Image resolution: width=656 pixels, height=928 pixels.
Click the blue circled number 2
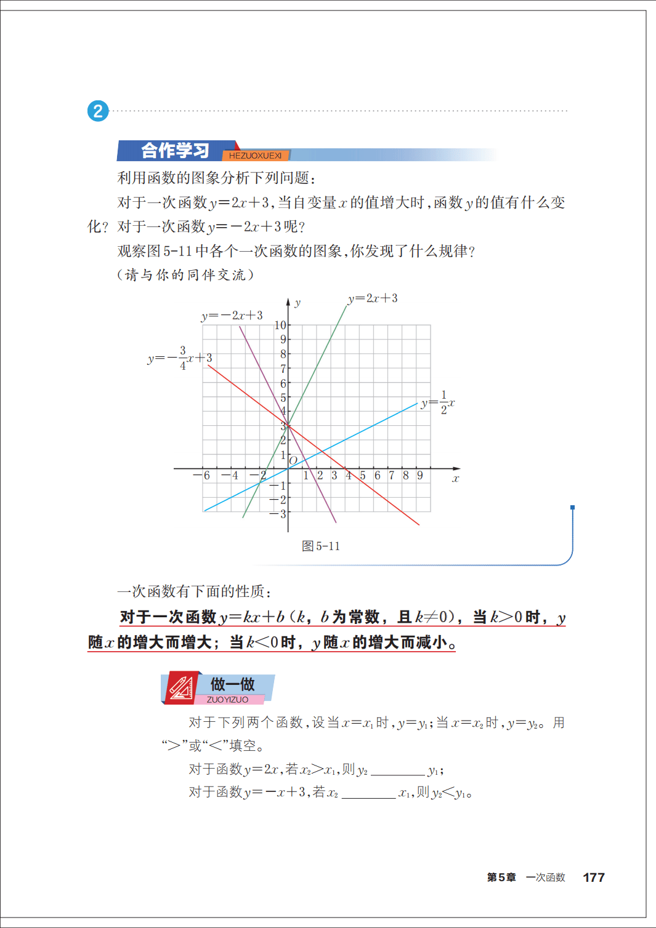pyautogui.click(x=98, y=111)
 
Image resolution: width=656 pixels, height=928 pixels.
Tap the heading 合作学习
pyautogui.click(x=175, y=150)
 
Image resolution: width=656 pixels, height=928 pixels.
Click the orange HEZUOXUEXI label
pyautogui.click(x=255, y=156)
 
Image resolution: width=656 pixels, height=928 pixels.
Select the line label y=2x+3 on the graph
pyautogui.click(x=373, y=298)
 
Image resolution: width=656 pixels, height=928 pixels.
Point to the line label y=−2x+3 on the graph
pyautogui.click(x=232, y=316)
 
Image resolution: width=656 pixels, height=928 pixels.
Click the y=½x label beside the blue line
pyautogui.click(x=438, y=403)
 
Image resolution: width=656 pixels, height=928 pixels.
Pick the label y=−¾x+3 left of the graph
pyautogui.click(x=180, y=358)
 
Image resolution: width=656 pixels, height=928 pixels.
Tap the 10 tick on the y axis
pyautogui.click(x=280, y=325)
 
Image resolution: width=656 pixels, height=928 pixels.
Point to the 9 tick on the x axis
pyautogui.click(x=420, y=476)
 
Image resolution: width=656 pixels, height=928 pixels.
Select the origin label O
pyautogui.click(x=293, y=460)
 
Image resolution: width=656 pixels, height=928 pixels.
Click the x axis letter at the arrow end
pyautogui.click(x=456, y=479)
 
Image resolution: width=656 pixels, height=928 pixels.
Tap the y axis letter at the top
pyautogui.click(x=298, y=303)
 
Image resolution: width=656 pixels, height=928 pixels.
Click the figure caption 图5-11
pyautogui.click(x=321, y=546)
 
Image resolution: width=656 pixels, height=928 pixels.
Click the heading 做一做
pyautogui.click(x=232, y=684)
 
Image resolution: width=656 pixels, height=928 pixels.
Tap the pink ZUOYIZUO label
pyautogui.click(x=228, y=700)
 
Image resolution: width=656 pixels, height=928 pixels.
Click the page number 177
pyautogui.click(x=594, y=878)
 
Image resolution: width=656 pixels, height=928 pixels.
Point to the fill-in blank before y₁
pyautogui.click(x=398, y=770)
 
